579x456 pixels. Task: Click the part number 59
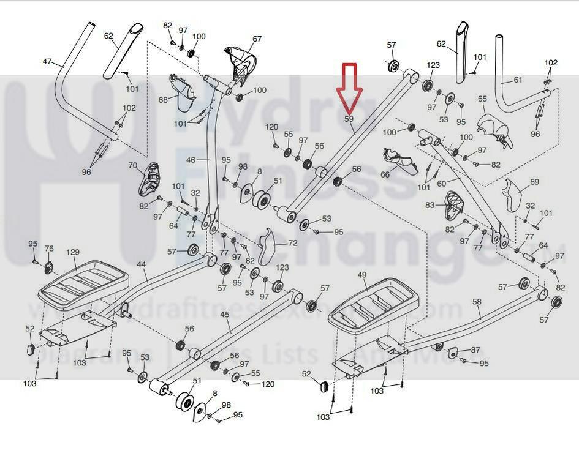pos(349,119)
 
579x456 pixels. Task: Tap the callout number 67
pos(257,39)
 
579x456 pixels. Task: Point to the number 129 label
pos(73,252)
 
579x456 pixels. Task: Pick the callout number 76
pos(49,249)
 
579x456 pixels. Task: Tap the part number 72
pos(293,243)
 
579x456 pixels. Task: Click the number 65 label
pos(482,99)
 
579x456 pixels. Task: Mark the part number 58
pos(477,301)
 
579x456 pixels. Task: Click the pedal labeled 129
pos(82,282)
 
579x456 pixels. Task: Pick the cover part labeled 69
pos(512,196)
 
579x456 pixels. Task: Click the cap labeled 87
pos(454,352)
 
